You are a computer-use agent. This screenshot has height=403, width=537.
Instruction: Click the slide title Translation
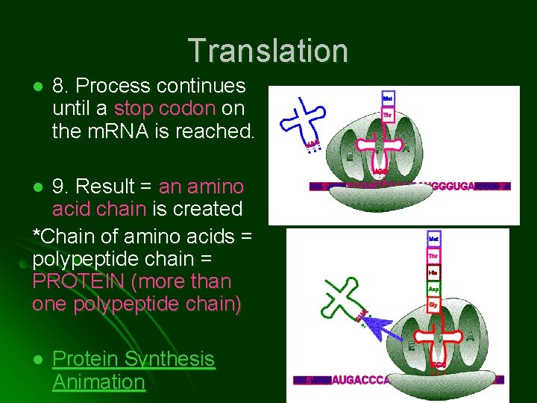pos(268,51)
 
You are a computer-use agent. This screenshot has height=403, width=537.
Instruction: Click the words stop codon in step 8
pos(164,109)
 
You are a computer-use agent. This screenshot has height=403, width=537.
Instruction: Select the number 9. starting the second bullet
pos(62,186)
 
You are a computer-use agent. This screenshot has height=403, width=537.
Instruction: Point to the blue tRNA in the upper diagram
pos(303,119)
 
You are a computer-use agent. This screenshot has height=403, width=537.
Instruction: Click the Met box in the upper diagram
pos(388,99)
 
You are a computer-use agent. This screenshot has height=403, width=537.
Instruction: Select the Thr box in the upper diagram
pos(388,115)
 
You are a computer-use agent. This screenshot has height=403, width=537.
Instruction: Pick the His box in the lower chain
pos(433,272)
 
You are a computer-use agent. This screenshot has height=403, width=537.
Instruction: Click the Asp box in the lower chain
pos(433,289)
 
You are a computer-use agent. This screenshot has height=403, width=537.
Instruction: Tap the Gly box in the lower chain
pos(433,305)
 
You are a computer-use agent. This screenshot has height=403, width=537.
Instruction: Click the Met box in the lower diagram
pos(433,239)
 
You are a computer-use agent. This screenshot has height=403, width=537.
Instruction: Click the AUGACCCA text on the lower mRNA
pos(361,380)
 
